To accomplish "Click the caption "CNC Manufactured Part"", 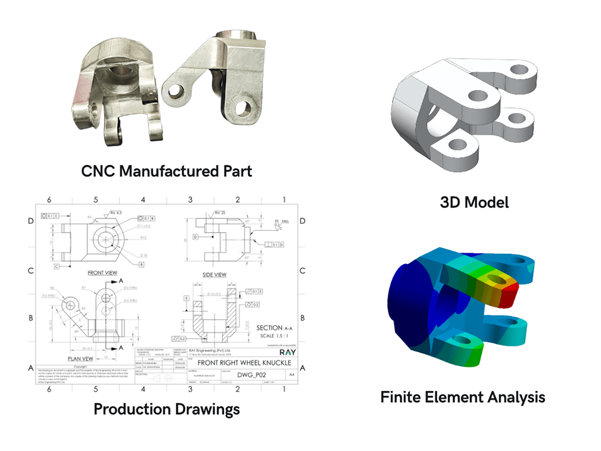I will point(166,170).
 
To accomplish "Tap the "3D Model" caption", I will point(474,201).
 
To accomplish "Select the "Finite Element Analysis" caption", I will point(463,396).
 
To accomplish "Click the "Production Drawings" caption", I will point(166,409).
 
